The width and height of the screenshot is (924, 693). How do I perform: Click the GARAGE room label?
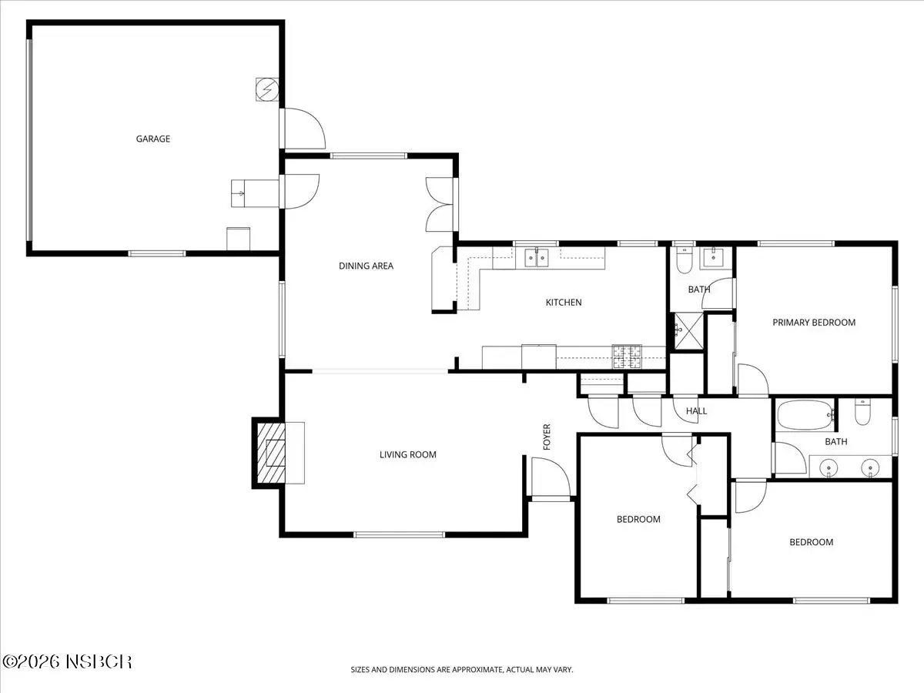pos(152,139)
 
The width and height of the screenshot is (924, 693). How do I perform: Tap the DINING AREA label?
pos(366,266)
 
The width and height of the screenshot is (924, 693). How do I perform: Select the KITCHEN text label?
pos(564,302)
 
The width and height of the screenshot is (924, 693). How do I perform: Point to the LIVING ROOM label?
pos(408,454)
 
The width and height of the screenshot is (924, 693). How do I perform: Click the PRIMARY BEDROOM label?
pos(814,323)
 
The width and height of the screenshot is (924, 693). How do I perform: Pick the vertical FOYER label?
pos(547,437)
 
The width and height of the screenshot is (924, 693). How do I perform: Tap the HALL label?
pos(696,411)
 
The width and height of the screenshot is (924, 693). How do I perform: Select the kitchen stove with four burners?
pos(627,357)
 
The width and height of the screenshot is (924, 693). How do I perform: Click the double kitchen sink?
pos(536,258)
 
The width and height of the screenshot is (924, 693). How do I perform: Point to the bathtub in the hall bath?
pos(805,415)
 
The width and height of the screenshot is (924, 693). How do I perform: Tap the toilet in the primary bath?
pos(684,260)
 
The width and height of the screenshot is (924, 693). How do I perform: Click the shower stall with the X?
pos(688,331)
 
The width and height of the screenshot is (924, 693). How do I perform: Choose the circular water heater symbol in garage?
pos(267,89)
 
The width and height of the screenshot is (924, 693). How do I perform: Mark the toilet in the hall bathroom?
pos(862,413)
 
